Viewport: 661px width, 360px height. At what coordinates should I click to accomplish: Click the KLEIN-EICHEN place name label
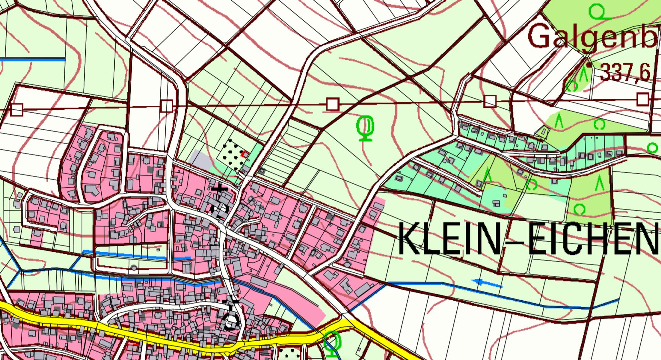529,239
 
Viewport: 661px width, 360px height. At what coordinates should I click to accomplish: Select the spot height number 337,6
625,73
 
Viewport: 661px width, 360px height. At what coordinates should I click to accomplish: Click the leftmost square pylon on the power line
17,110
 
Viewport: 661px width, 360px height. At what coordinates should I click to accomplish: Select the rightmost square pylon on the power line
643,99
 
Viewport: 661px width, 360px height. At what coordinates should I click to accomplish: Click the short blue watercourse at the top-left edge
32,60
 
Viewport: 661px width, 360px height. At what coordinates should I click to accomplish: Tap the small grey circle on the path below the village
134,267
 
